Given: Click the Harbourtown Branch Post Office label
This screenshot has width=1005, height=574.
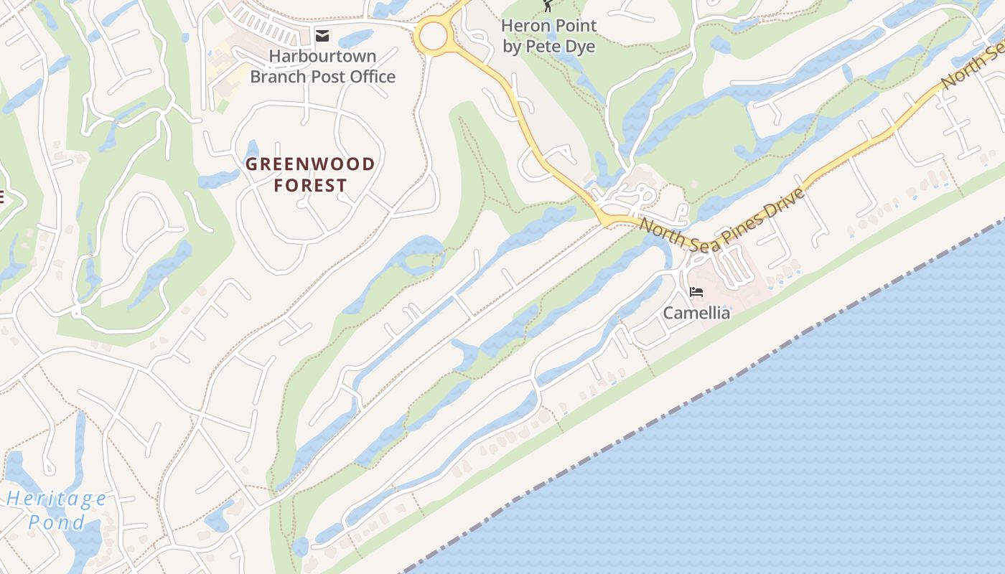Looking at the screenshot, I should (322, 66).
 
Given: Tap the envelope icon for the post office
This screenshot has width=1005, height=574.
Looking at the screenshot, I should (322, 35).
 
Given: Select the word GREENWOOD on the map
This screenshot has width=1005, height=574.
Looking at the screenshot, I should (310, 164).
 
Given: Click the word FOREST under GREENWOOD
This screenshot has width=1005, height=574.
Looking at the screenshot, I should (310, 186).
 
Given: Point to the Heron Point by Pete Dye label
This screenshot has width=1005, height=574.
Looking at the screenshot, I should (549, 36).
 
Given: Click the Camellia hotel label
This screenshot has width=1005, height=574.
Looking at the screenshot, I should (696, 313).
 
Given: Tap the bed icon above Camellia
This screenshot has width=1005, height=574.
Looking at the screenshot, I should (696, 292).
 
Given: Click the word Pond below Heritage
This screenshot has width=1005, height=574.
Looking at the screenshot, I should (57, 522).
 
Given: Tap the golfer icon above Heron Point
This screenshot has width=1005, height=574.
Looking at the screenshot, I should (548, 6).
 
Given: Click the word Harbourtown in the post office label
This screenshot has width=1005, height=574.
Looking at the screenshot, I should (322, 56).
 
